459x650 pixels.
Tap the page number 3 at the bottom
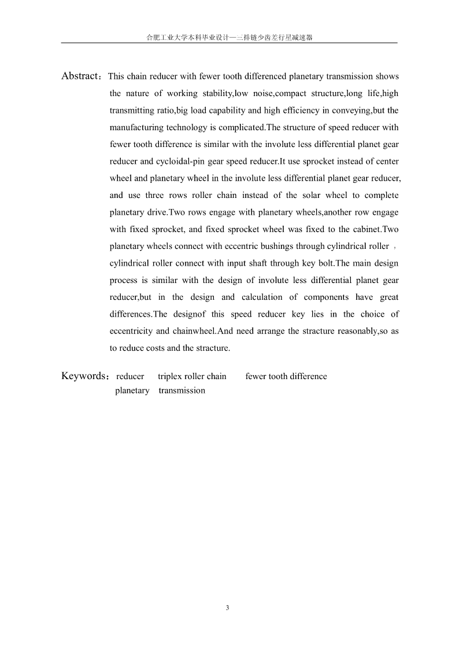pyautogui.click(x=228, y=608)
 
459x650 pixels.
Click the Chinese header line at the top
pyautogui.click(x=229, y=37)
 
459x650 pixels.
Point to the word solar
pyautogui.click(x=312, y=195)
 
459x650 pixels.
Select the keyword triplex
pyautogui.click(x=170, y=376)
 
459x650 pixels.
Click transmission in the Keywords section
pyautogui.click(x=182, y=390)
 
